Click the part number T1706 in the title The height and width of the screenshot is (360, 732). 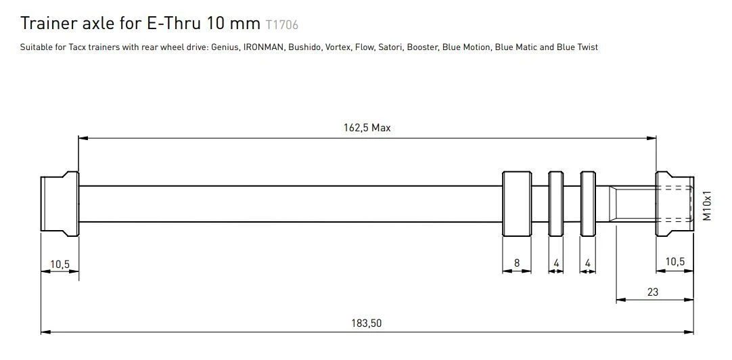282,25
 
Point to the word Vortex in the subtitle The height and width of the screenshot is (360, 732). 340,47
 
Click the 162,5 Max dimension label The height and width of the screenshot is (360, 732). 367,127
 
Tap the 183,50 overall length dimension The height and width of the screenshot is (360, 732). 367,323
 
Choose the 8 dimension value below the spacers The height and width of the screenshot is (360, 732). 517,263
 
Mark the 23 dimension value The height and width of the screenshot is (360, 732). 652,292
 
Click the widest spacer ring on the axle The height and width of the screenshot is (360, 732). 517,204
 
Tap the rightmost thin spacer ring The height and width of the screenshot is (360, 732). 589,204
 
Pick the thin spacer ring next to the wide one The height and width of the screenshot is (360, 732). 555,204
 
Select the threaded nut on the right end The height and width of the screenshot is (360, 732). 674,203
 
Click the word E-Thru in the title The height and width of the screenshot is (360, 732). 172,24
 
